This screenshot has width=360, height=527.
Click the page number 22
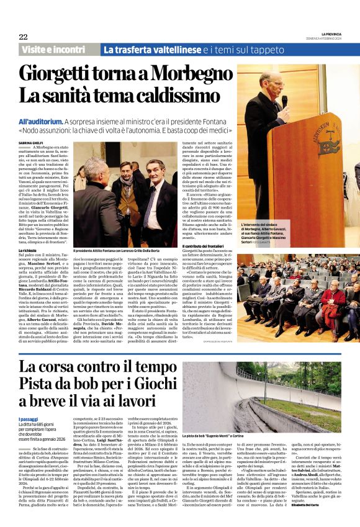pyautogui.click(x=23, y=37)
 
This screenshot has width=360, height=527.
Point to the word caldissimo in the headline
pyautogui.click(x=161, y=96)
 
